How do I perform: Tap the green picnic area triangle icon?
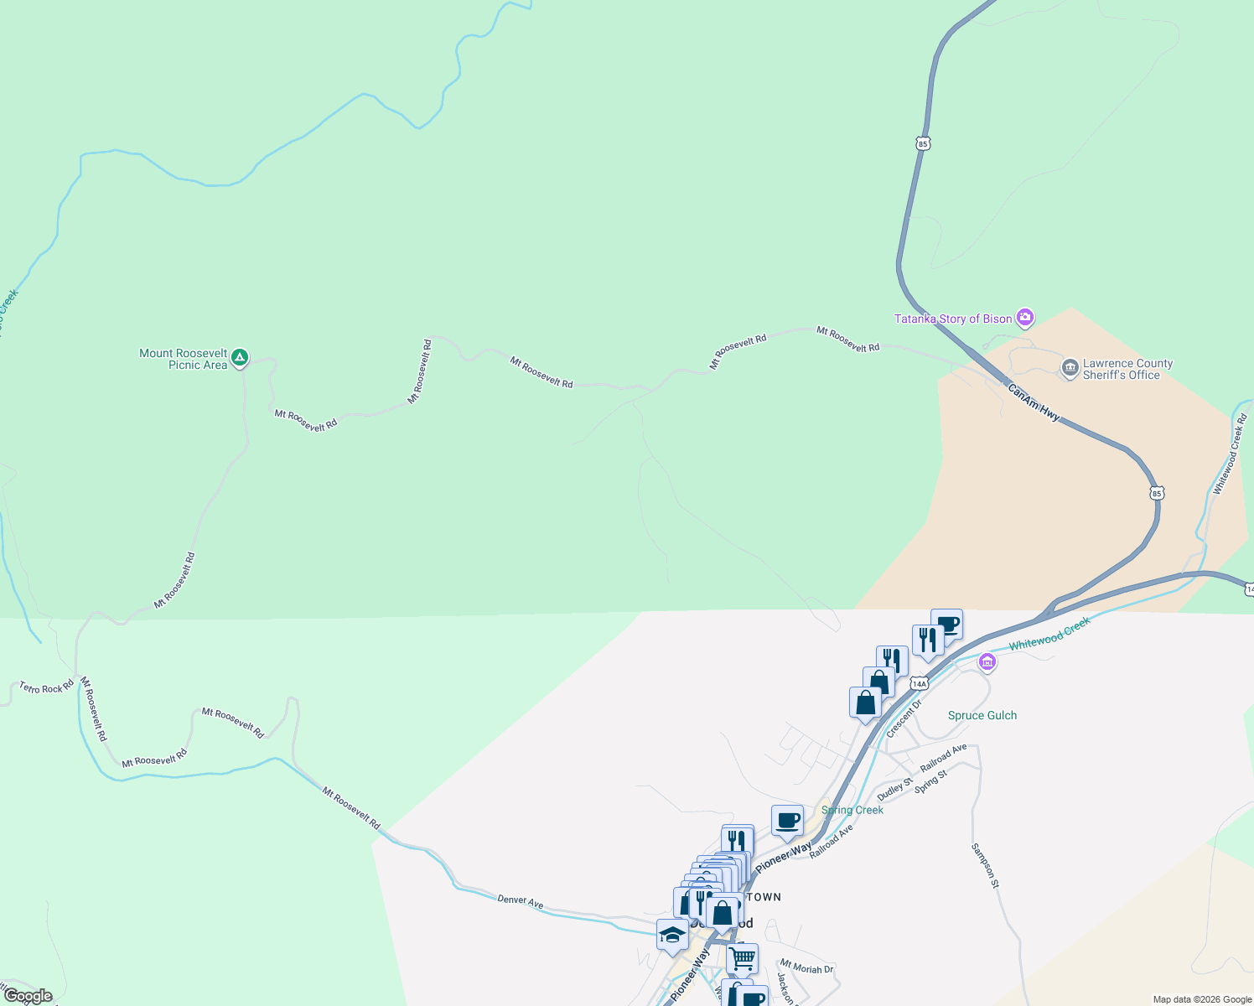tap(240, 359)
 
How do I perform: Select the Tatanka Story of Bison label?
tap(953, 319)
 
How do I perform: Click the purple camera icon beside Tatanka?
tap(1024, 318)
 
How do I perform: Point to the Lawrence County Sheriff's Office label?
tap(1127, 369)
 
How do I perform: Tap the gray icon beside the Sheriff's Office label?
tap(1070, 368)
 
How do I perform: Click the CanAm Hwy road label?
tap(1034, 402)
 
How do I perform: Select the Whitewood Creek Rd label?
tap(1230, 454)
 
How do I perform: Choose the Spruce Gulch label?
tap(982, 715)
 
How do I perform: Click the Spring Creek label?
tap(852, 810)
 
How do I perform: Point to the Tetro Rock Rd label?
tap(47, 688)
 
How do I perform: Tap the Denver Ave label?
tap(521, 900)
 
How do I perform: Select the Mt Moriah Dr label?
tap(806, 967)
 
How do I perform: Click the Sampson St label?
tap(985, 865)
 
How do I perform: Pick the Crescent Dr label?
tap(904, 718)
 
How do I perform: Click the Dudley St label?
tap(894, 789)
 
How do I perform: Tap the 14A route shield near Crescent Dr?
tap(920, 683)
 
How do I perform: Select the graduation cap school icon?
tap(672, 934)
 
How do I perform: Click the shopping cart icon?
tap(742, 957)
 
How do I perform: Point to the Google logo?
tap(28, 996)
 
